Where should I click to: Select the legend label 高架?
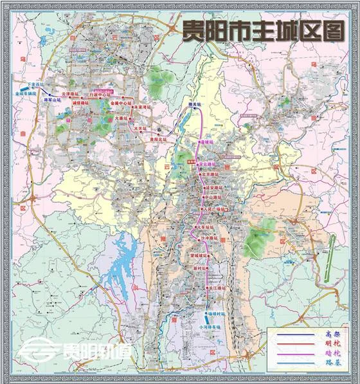[x=331, y=334]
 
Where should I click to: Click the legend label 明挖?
[x=331, y=343]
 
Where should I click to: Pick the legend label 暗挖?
[x=331, y=353]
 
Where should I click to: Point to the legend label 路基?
[x=331, y=362]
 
